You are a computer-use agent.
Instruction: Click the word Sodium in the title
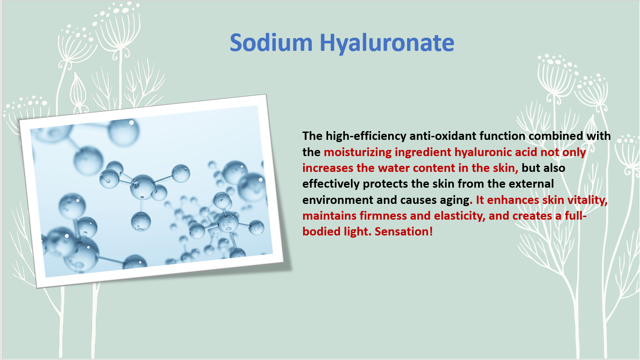271,43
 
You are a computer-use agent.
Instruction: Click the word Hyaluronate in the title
387,43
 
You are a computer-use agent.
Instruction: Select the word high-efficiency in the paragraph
366,136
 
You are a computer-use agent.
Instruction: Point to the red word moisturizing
358,152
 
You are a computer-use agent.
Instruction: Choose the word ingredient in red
423,152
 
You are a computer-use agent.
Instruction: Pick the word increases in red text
328,168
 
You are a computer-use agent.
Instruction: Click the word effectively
331,184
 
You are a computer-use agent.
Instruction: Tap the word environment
338,200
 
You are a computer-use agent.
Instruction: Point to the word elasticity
459,216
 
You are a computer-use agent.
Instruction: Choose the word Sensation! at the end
404,232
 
